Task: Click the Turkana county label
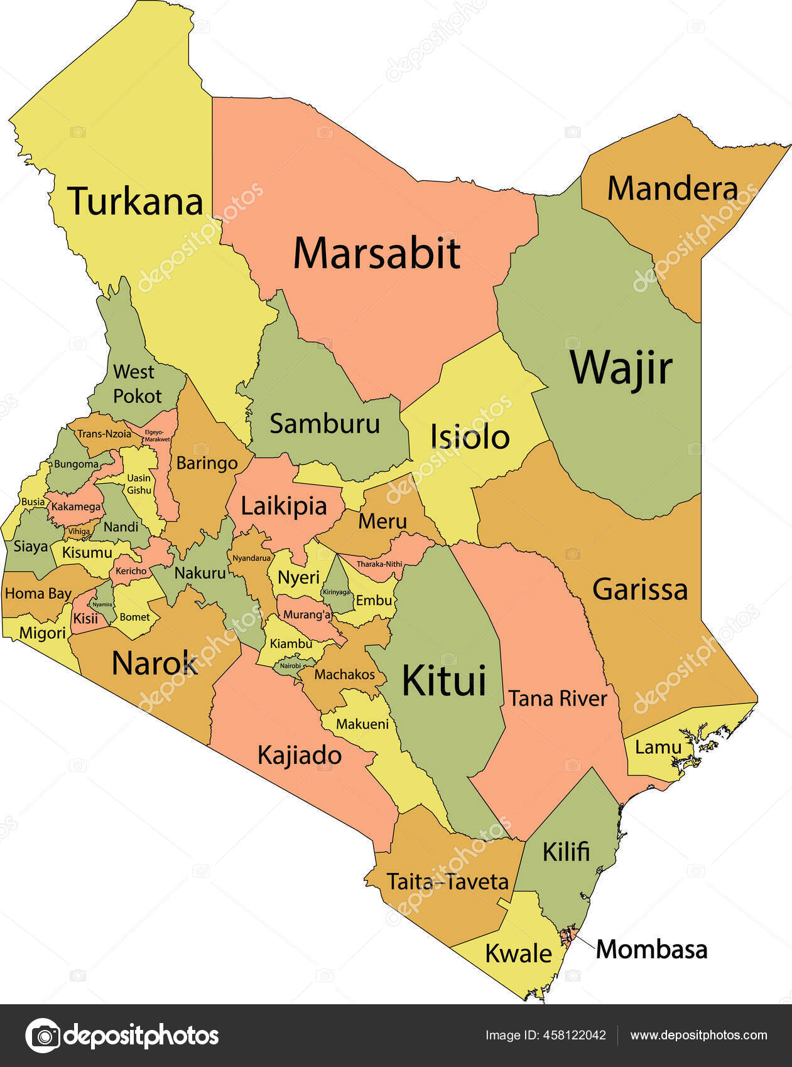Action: tap(136, 201)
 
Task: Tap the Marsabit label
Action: tap(377, 253)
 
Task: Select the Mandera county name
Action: tap(672, 188)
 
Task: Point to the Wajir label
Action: tap(621, 368)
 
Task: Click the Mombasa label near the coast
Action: tap(651, 949)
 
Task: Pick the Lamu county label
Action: tap(658, 747)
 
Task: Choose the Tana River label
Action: tap(558, 698)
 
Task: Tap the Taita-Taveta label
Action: tap(447, 881)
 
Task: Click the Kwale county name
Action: tap(518, 953)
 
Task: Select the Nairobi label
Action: tap(290, 665)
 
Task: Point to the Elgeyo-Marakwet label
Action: tap(156, 436)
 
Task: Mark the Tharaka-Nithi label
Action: tap(379, 564)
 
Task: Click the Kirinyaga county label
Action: tap(336, 591)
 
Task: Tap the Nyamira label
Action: tap(102, 604)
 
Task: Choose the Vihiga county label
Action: tap(79, 531)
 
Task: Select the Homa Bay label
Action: tap(38, 593)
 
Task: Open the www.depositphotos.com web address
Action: tap(698, 1035)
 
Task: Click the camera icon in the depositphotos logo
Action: tap(43, 1035)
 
